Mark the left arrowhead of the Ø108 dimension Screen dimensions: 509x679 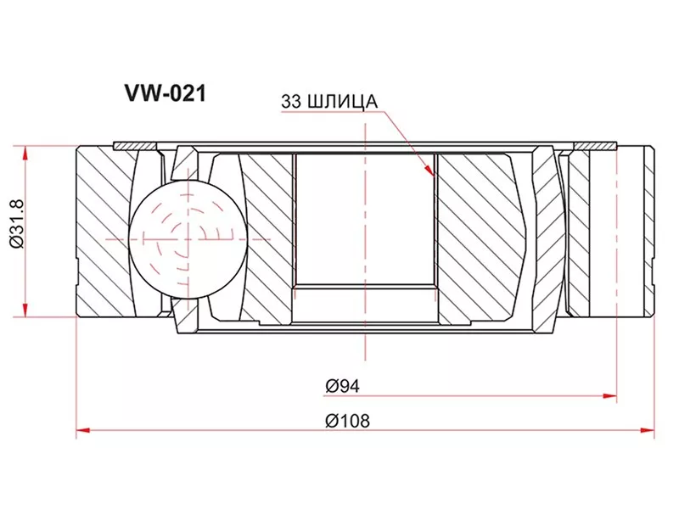[82, 432]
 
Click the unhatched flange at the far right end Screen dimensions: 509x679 [637, 229]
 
